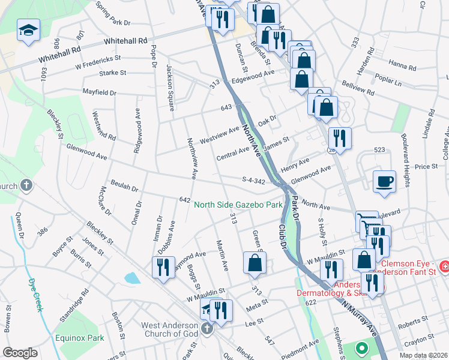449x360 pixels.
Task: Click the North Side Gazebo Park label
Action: pos(238,205)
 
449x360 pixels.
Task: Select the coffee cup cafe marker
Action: pos(384,181)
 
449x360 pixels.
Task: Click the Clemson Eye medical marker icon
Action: pos(444,266)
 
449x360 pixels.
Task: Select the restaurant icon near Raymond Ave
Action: pos(164,268)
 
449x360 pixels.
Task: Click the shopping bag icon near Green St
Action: pos(255,263)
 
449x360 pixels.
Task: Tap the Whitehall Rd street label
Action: pos(125,41)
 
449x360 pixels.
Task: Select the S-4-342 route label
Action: pos(253,181)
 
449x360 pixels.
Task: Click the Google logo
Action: pos(20,353)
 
